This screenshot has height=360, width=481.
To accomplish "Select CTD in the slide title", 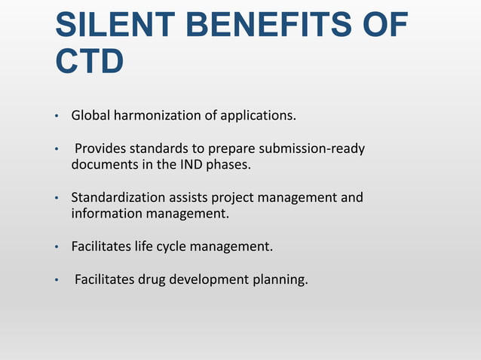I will point(89,62).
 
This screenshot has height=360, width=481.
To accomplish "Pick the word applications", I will point(257,116).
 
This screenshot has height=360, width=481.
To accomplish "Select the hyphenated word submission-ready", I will point(310,149).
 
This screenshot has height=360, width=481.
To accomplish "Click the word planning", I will point(280,280).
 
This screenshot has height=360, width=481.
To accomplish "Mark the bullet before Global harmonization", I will point(56,117).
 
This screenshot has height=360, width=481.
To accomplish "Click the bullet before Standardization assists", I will point(56,199).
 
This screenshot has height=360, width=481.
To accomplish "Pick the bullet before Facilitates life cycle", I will point(56,247).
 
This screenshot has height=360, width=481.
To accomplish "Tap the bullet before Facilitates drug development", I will point(56,281).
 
